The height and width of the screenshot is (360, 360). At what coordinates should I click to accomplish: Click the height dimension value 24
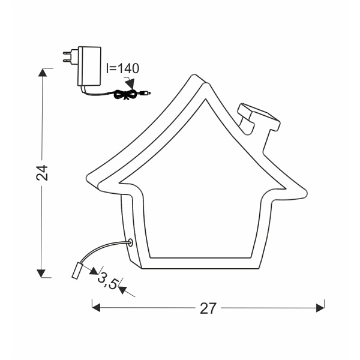(x=41, y=173)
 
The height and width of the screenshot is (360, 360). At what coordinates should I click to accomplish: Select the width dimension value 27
(x=208, y=308)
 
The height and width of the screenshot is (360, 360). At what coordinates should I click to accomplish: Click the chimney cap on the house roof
(x=259, y=115)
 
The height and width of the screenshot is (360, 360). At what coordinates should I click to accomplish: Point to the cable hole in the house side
(x=129, y=243)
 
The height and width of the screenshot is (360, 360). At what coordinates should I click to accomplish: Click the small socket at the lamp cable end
(x=77, y=271)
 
